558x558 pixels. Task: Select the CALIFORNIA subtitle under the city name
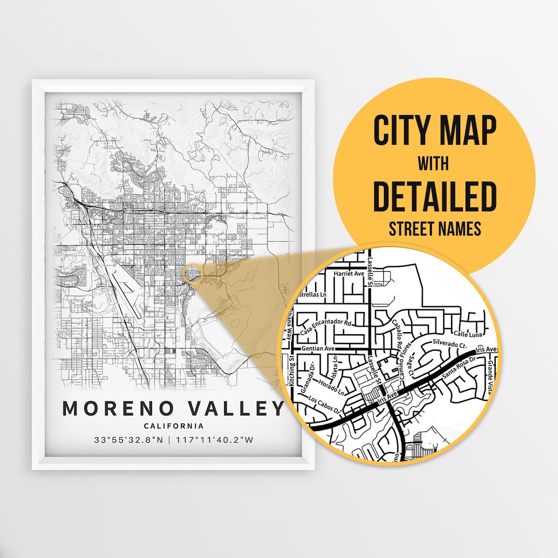click(174, 426)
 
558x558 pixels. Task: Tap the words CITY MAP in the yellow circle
click(435, 131)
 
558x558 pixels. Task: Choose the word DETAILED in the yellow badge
click(435, 196)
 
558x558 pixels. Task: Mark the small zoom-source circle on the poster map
click(191, 274)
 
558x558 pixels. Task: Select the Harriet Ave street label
click(350, 273)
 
